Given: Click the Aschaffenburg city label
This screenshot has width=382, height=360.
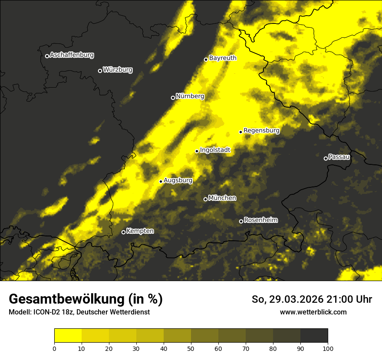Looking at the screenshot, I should coord(72,55).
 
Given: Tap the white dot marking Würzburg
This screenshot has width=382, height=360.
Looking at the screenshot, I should coord(100,71).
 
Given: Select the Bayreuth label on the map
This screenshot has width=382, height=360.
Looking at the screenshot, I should coord(223,58).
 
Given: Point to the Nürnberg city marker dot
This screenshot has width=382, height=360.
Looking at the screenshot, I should coord(173,98).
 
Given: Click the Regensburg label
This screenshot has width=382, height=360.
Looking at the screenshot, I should coord(261,130).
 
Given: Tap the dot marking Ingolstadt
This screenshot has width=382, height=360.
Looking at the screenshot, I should coord(197,151).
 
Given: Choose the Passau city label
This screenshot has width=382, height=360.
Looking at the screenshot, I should coord(339,157).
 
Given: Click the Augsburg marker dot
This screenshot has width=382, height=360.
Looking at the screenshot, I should coord(161,181).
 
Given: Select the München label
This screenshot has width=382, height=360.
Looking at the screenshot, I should coord(222,198).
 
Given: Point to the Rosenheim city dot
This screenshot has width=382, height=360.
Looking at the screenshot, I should coord(241,222).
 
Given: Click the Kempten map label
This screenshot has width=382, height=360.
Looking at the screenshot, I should coord(140,231).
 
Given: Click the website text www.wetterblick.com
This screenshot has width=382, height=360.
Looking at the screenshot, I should coord(313,312).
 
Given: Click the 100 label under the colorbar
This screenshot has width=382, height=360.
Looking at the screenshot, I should coord(328,348).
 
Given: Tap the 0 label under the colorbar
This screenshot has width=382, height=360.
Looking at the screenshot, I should coord(54,348).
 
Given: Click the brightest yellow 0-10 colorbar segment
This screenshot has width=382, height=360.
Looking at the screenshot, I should coord(68,336).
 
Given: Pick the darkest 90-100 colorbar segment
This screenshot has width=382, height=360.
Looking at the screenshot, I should coord(314,336).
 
